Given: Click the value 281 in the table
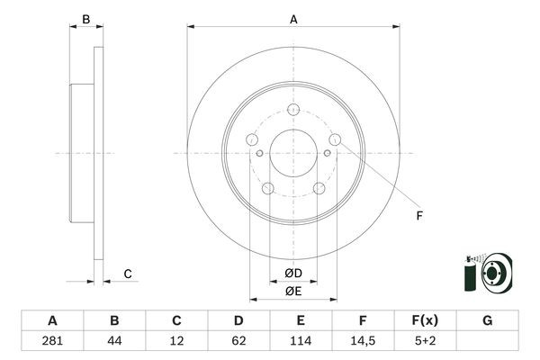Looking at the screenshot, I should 52,340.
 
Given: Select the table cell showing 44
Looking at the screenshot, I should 114,340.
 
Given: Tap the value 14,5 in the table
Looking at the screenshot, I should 363,340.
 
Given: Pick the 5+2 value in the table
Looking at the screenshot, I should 425,340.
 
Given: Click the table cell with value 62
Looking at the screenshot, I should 238,340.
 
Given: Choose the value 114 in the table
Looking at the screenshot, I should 301,340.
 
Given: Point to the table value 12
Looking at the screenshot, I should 176,340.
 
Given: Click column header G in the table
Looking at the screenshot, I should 487,320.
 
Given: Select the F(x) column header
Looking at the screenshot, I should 425,320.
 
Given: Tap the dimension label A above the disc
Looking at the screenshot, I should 293,18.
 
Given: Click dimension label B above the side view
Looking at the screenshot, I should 86,18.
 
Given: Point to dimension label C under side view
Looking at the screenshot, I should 128,274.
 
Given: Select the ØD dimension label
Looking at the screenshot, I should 293,273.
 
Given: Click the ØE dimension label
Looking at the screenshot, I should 293,290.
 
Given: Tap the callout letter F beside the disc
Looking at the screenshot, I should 418,214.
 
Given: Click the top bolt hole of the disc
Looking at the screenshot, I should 293,110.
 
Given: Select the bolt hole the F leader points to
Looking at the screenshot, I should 335,139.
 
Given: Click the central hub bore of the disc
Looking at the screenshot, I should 293,153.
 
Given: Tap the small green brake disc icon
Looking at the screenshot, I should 487,272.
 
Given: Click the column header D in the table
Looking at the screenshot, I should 238,320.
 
